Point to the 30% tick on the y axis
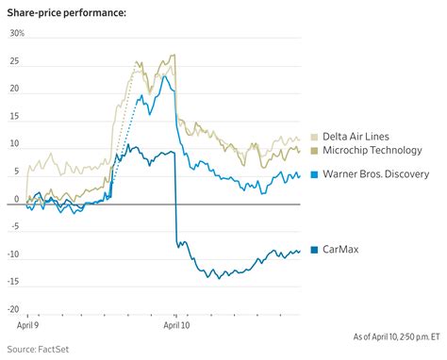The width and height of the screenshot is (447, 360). (16, 34)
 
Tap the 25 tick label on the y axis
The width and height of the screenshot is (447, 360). (14, 62)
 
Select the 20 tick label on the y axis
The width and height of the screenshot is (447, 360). (14, 90)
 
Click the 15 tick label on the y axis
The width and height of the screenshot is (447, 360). (14, 117)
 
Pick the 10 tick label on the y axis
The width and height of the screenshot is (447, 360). (14, 145)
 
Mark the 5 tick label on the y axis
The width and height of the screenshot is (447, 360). (16, 172)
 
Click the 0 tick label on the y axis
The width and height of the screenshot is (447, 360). (17, 200)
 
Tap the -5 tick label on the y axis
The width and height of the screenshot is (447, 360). (14, 227)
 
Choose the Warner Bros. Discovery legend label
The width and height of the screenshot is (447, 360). (375, 174)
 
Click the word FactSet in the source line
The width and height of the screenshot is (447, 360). (58, 350)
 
